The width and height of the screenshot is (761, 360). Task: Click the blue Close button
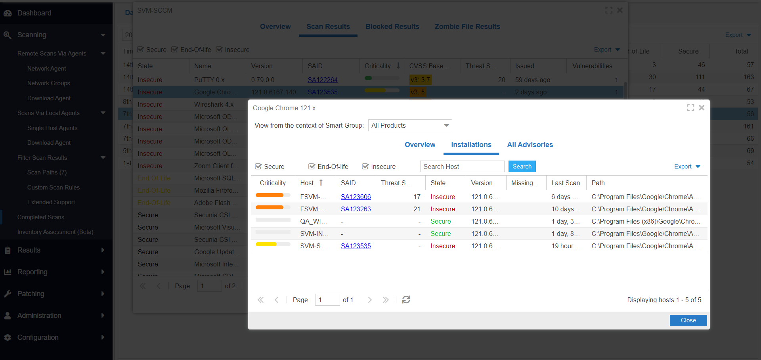[x=688, y=320]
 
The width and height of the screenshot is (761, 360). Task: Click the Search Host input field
[x=462, y=167]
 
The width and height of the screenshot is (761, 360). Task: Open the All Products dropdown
[x=410, y=125]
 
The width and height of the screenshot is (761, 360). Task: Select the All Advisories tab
[x=530, y=145]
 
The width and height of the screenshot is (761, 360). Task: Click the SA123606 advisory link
[x=356, y=197]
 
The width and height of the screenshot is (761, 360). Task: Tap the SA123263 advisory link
[x=356, y=209]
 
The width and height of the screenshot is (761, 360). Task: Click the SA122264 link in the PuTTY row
[x=322, y=80]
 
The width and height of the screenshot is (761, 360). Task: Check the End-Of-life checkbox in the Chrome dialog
[x=312, y=167]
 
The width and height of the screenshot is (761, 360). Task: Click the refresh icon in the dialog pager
[x=406, y=300]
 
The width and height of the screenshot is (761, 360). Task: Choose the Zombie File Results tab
[x=467, y=27]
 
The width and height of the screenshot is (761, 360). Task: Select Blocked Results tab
[x=392, y=27]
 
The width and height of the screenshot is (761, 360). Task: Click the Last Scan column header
[x=565, y=183]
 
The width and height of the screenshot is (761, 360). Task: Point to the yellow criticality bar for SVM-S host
[x=266, y=244]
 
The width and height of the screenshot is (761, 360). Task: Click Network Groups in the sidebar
[x=48, y=83]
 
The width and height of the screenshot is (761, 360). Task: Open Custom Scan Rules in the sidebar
[x=53, y=188]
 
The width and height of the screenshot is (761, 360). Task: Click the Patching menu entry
[x=31, y=294]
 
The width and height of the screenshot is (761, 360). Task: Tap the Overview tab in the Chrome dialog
[x=420, y=145]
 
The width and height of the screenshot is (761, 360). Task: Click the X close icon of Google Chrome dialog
[x=702, y=108]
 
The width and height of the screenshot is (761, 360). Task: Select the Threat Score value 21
[x=417, y=209]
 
